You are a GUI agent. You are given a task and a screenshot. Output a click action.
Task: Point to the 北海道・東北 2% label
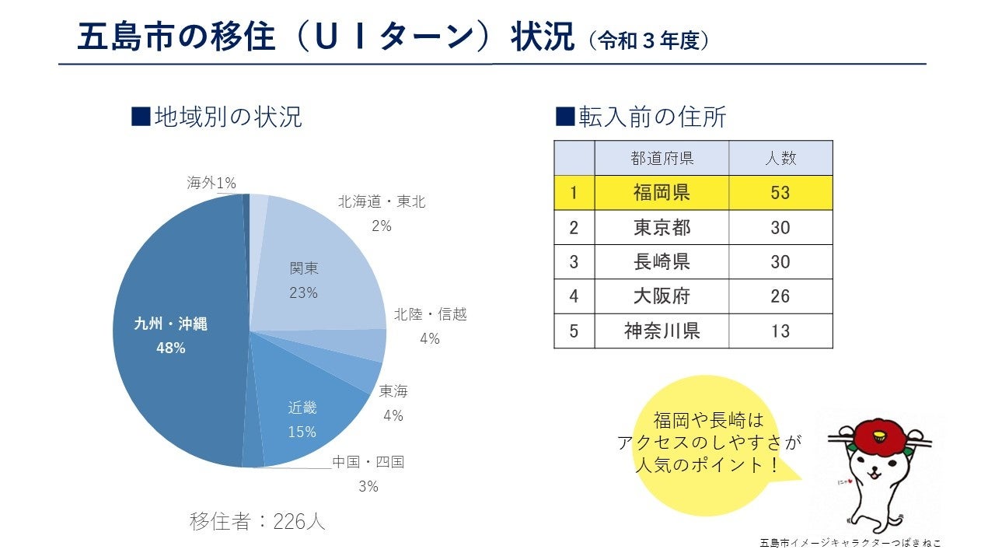click(x=382, y=213)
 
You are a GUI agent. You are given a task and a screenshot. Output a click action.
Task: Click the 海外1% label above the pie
click(x=211, y=183)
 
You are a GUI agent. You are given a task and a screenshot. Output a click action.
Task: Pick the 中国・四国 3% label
click(x=368, y=474)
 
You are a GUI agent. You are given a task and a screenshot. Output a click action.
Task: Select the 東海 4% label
click(x=393, y=403)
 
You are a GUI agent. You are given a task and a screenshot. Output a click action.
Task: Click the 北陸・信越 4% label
click(x=430, y=326)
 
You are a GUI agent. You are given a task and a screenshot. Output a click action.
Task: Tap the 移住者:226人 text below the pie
click(x=257, y=521)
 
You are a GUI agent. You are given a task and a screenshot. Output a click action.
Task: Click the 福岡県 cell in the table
click(x=662, y=192)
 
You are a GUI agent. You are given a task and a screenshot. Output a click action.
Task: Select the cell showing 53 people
click(x=780, y=192)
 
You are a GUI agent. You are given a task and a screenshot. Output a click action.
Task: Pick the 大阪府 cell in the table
click(x=662, y=296)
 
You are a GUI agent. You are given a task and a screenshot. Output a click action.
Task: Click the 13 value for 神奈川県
click(x=780, y=331)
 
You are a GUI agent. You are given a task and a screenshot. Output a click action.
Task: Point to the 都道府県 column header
click(x=662, y=159)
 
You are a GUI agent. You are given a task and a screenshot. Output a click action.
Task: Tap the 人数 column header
click(x=780, y=159)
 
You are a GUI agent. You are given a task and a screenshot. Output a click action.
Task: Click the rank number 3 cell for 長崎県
click(x=574, y=261)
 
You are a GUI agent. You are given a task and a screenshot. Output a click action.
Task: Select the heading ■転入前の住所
click(x=641, y=117)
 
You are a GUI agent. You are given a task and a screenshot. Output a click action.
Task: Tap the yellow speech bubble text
click(x=708, y=443)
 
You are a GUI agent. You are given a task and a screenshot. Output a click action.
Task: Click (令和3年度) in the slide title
click(x=648, y=41)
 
